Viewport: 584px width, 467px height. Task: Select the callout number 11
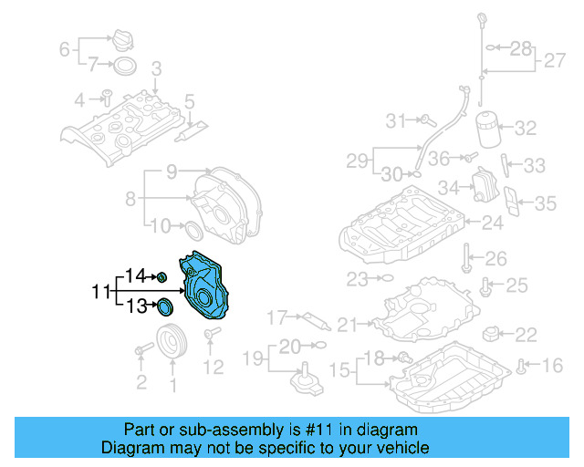[x=101, y=292]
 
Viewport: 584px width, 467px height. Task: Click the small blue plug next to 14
[x=162, y=276]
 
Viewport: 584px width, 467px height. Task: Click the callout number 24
[x=492, y=223]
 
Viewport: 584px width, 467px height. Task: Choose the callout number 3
[x=156, y=67]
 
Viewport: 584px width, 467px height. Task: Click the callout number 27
[x=555, y=61]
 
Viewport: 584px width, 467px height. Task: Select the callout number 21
[x=347, y=324]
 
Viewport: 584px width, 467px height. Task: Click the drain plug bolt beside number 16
[x=521, y=367]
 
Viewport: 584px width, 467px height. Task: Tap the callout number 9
[x=171, y=171]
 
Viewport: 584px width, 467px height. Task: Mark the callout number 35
[x=545, y=202]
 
